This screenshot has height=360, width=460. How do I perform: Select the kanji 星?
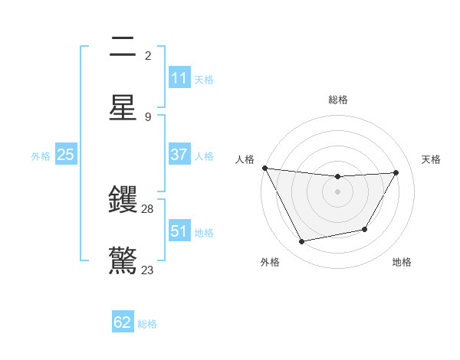coord(123,107)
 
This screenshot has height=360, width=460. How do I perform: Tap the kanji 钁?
coord(123,201)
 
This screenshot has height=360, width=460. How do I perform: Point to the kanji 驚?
coord(123,260)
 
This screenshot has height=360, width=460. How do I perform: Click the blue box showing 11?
coord(179,78)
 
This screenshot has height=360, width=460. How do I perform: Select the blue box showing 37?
coord(179,155)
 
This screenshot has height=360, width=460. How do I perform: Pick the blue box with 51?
coord(179,231)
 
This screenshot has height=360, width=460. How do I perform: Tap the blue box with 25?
coord(65,155)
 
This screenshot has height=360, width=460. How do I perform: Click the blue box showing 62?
coord(123,322)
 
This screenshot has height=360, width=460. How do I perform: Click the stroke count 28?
coord(148,209)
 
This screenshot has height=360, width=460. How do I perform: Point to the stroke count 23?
coord(148,270)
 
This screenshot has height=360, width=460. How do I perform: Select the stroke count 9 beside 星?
coord(148,116)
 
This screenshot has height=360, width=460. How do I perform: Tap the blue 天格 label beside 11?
coord(204,80)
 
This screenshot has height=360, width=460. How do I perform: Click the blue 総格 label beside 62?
coord(147,324)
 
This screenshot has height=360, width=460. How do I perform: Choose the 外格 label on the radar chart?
coord(270,262)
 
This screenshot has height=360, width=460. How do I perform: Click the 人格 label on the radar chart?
coord(245,159)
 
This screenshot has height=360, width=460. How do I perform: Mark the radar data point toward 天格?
coord(396,172)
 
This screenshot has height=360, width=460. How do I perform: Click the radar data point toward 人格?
coord(264,168)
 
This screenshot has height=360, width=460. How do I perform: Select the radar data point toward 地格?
coord(365,229)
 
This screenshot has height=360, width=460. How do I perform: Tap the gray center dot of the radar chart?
coord(337,191)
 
